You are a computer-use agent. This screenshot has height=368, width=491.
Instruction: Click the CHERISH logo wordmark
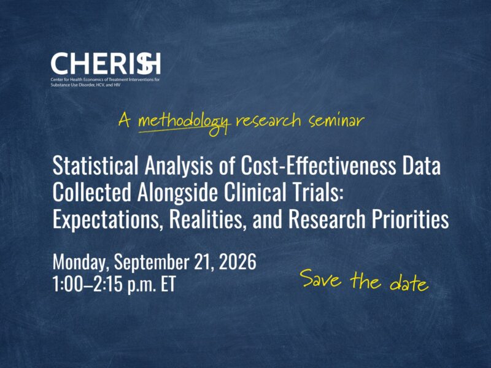[106, 64]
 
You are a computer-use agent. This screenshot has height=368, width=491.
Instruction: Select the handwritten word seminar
[336, 121]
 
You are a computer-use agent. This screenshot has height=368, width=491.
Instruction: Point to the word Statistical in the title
[96, 166]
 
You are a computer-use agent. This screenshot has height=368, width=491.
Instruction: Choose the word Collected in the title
[91, 192]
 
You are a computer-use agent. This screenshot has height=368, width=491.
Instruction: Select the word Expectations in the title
[106, 220]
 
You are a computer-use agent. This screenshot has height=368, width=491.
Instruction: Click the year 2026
[238, 262]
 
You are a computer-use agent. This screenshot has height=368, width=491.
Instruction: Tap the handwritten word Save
[322, 278]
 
